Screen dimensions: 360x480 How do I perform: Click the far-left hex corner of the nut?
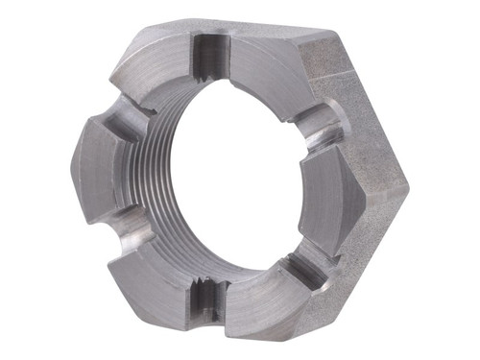71,157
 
